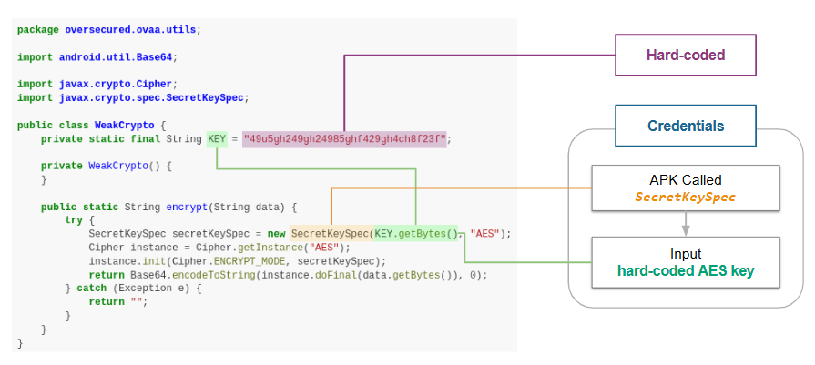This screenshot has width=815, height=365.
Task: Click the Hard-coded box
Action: pos(686,56)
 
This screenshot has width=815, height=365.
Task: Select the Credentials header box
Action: pos(686,126)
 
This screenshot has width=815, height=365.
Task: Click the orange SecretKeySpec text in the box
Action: pos(686,197)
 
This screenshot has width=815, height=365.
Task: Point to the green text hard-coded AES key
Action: pos(686,270)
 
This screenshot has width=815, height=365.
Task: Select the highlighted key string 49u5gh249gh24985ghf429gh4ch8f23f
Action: pos(345,139)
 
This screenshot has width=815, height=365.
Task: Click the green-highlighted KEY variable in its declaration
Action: pos(217,139)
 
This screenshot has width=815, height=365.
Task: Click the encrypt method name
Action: pos(187,207)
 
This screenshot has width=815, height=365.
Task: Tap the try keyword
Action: pos(74,220)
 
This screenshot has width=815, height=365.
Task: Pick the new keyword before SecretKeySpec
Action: pos(277,233)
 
